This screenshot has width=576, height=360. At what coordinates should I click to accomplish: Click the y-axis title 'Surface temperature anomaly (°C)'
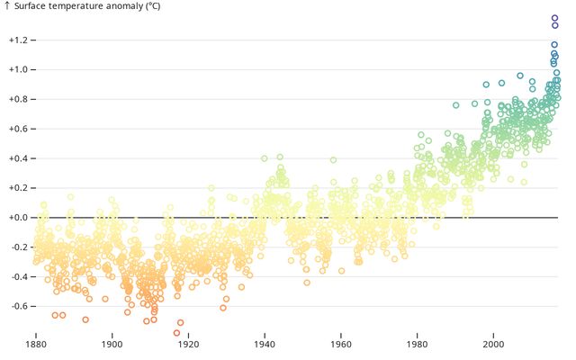87,6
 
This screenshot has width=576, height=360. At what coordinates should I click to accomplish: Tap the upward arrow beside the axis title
6,6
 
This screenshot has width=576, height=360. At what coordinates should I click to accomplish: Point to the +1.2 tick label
18,40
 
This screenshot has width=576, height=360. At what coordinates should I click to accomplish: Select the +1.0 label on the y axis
18,69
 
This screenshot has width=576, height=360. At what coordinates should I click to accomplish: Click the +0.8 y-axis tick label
18,99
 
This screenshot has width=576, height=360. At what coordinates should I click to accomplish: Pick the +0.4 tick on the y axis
18,158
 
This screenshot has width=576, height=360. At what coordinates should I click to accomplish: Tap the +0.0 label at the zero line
18,218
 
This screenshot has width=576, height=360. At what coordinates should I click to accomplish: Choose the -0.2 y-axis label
19,247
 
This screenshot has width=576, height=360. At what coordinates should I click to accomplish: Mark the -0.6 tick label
19,306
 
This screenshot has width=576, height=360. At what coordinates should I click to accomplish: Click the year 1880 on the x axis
36,345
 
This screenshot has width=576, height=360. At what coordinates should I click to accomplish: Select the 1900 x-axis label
112,345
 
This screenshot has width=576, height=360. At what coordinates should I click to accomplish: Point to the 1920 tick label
188,345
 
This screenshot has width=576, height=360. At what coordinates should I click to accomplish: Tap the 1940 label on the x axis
265,345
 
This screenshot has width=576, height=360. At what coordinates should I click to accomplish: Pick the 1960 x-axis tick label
341,345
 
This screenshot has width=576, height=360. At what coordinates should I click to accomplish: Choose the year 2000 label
493,345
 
